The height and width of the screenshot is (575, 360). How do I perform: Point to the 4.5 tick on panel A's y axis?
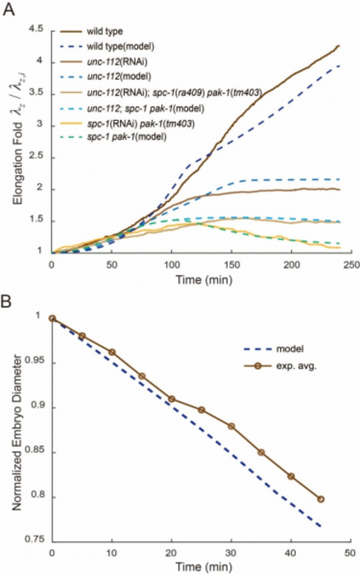coord(35,30)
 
